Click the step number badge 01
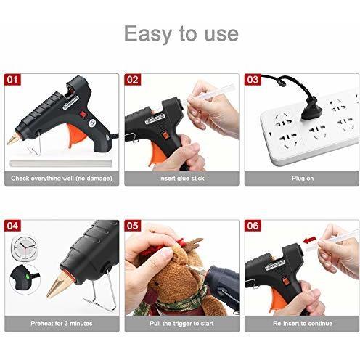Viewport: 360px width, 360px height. coord(12,80)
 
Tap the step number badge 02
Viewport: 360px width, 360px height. coord(132,80)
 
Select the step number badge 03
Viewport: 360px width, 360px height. coord(253,80)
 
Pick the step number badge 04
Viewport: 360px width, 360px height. coord(12,226)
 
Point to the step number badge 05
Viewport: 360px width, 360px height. coord(132,226)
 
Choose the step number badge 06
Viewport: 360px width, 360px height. coord(253,226)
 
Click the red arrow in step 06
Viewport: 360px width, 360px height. coord(310,240)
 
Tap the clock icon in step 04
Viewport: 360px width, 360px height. coord(25,248)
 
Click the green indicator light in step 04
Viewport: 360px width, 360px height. coord(27,277)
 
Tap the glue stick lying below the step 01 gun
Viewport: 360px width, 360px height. coord(60,163)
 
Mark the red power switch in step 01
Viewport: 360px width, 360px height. coord(83,114)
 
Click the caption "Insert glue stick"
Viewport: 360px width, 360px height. coord(181,179)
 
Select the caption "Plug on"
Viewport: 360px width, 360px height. coord(303,179)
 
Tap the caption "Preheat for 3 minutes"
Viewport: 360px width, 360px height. coord(62,323)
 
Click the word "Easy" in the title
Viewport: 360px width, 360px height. coord(150,34)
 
